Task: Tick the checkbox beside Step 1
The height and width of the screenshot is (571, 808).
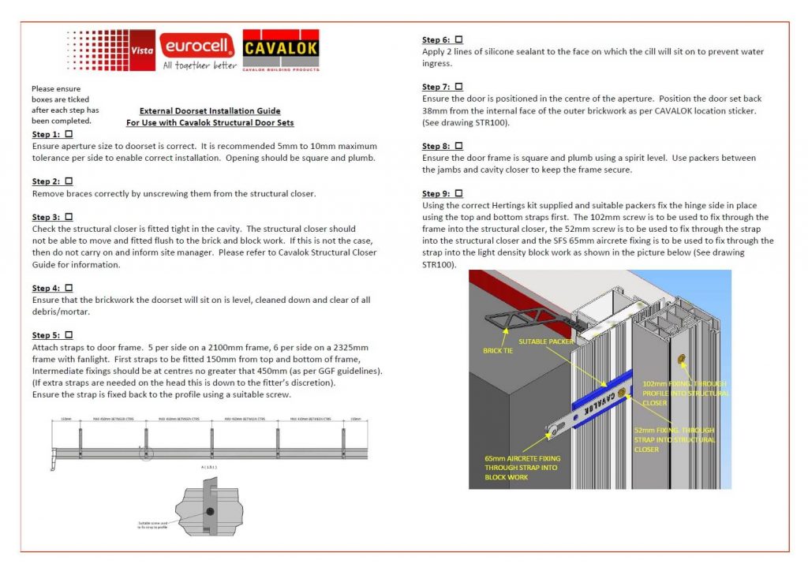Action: point(68,135)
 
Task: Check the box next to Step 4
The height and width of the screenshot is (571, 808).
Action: point(68,289)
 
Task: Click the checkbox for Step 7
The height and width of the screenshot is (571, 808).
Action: point(458,87)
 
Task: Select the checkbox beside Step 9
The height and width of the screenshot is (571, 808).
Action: point(458,193)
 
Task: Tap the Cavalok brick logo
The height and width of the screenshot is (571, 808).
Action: point(282,52)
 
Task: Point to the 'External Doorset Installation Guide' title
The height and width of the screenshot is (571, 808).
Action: point(210,111)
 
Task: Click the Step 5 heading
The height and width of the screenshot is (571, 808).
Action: point(46,336)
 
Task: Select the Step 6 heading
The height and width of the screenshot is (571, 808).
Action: point(436,39)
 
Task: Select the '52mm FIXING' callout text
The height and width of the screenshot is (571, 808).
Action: point(675,440)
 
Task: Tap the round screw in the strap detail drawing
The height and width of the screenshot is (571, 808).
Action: point(210,511)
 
